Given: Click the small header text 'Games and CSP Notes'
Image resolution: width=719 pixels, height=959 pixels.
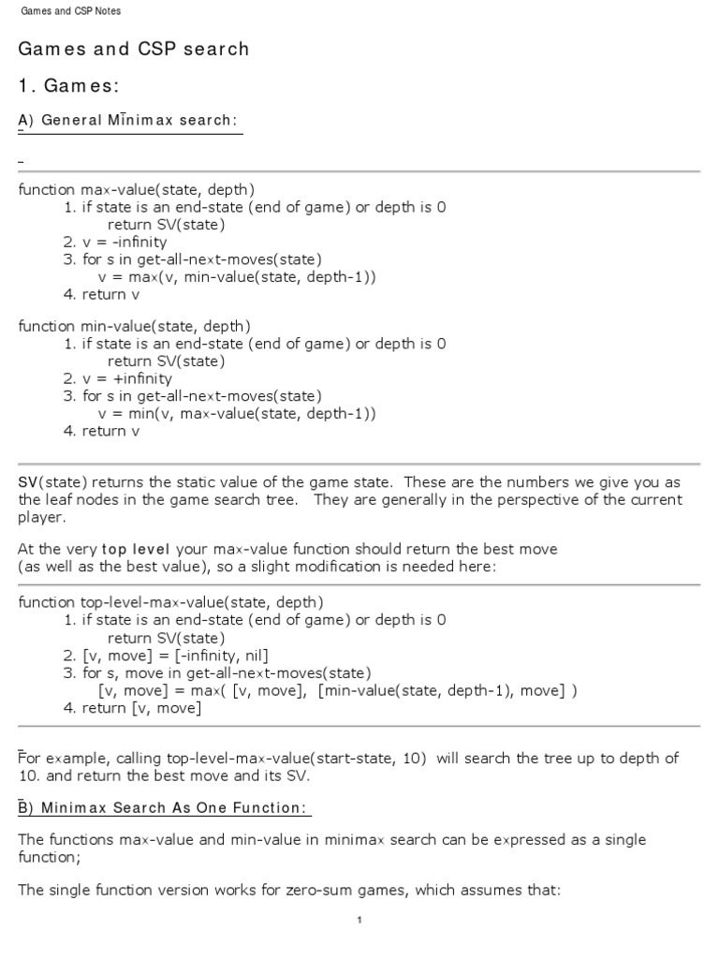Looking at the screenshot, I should click(70, 11).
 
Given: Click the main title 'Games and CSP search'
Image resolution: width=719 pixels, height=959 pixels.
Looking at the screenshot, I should click(134, 49).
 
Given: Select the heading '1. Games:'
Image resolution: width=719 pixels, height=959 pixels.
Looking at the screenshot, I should click(68, 86).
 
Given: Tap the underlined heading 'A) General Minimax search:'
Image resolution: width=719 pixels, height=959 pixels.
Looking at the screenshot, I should click(128, 121).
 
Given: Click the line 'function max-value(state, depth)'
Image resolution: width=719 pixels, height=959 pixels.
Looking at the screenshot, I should click(136, 189).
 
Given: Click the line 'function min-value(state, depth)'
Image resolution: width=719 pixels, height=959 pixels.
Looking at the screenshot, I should click(134, 326).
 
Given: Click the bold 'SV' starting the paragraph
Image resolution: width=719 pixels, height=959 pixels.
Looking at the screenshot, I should click(27, 482).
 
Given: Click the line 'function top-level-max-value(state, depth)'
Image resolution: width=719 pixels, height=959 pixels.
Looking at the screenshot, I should click(171, 601).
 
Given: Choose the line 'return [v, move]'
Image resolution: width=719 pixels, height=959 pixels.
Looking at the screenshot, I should click(141, 708).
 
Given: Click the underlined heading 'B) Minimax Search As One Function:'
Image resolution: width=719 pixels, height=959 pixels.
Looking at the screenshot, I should click(165, 807).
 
